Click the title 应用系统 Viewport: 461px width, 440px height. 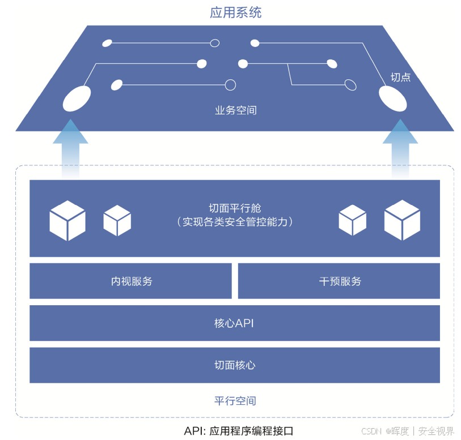point(235,12)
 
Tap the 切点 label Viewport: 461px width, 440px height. point(400,77)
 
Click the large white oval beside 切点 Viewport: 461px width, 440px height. point(392,99)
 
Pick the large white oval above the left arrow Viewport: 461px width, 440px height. point(77,99)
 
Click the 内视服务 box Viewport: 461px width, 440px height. point(131,281)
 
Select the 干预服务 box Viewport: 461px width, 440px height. point(339,281)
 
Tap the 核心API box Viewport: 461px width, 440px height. point(234,323)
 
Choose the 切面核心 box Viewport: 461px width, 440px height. point(234,365)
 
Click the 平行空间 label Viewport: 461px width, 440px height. point(235,401)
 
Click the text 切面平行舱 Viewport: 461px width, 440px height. point(235,208)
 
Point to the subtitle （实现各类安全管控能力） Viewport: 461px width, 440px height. point(235,222)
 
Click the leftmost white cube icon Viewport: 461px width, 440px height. point(67,220)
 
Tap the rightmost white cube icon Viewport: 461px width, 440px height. point(402,220)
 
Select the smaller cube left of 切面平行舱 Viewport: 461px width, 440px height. point(117,220)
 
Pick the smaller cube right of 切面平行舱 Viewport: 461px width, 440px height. point(352,220)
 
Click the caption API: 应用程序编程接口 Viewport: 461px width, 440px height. point(239,430)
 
